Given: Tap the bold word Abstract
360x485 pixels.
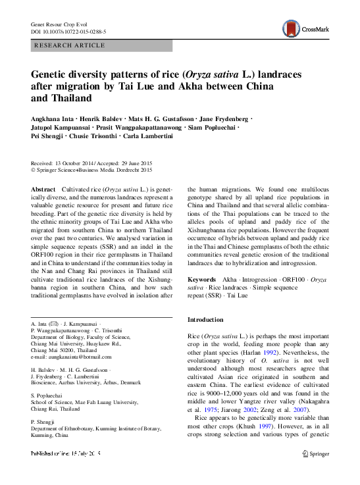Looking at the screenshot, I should click(x=43, y=189).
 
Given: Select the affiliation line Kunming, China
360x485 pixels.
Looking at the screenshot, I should click(x=50, y=435).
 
